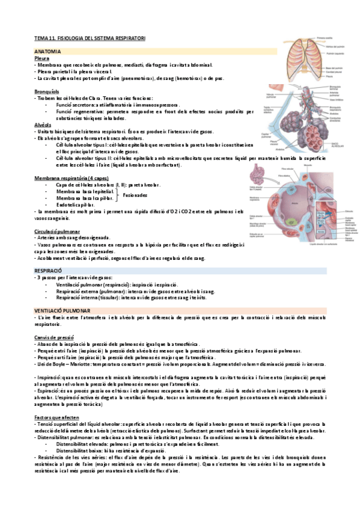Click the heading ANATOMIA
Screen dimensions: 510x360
pos(46,52)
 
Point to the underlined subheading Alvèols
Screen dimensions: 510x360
pos(43,124)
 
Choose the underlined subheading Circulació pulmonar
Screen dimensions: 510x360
pos(58,231)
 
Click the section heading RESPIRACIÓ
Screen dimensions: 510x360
pos(49,271)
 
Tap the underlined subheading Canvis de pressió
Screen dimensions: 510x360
pos(54,337)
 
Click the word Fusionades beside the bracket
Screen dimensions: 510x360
pos(135,195)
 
